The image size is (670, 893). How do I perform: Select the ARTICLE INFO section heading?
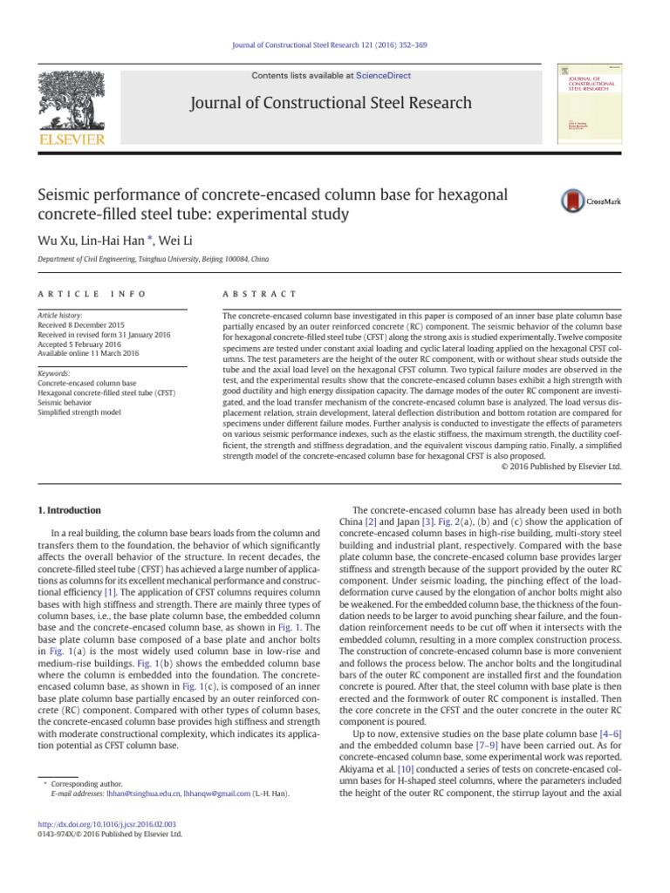tap(92, 295)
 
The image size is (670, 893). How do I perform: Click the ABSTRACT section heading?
tap(260, 295)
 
